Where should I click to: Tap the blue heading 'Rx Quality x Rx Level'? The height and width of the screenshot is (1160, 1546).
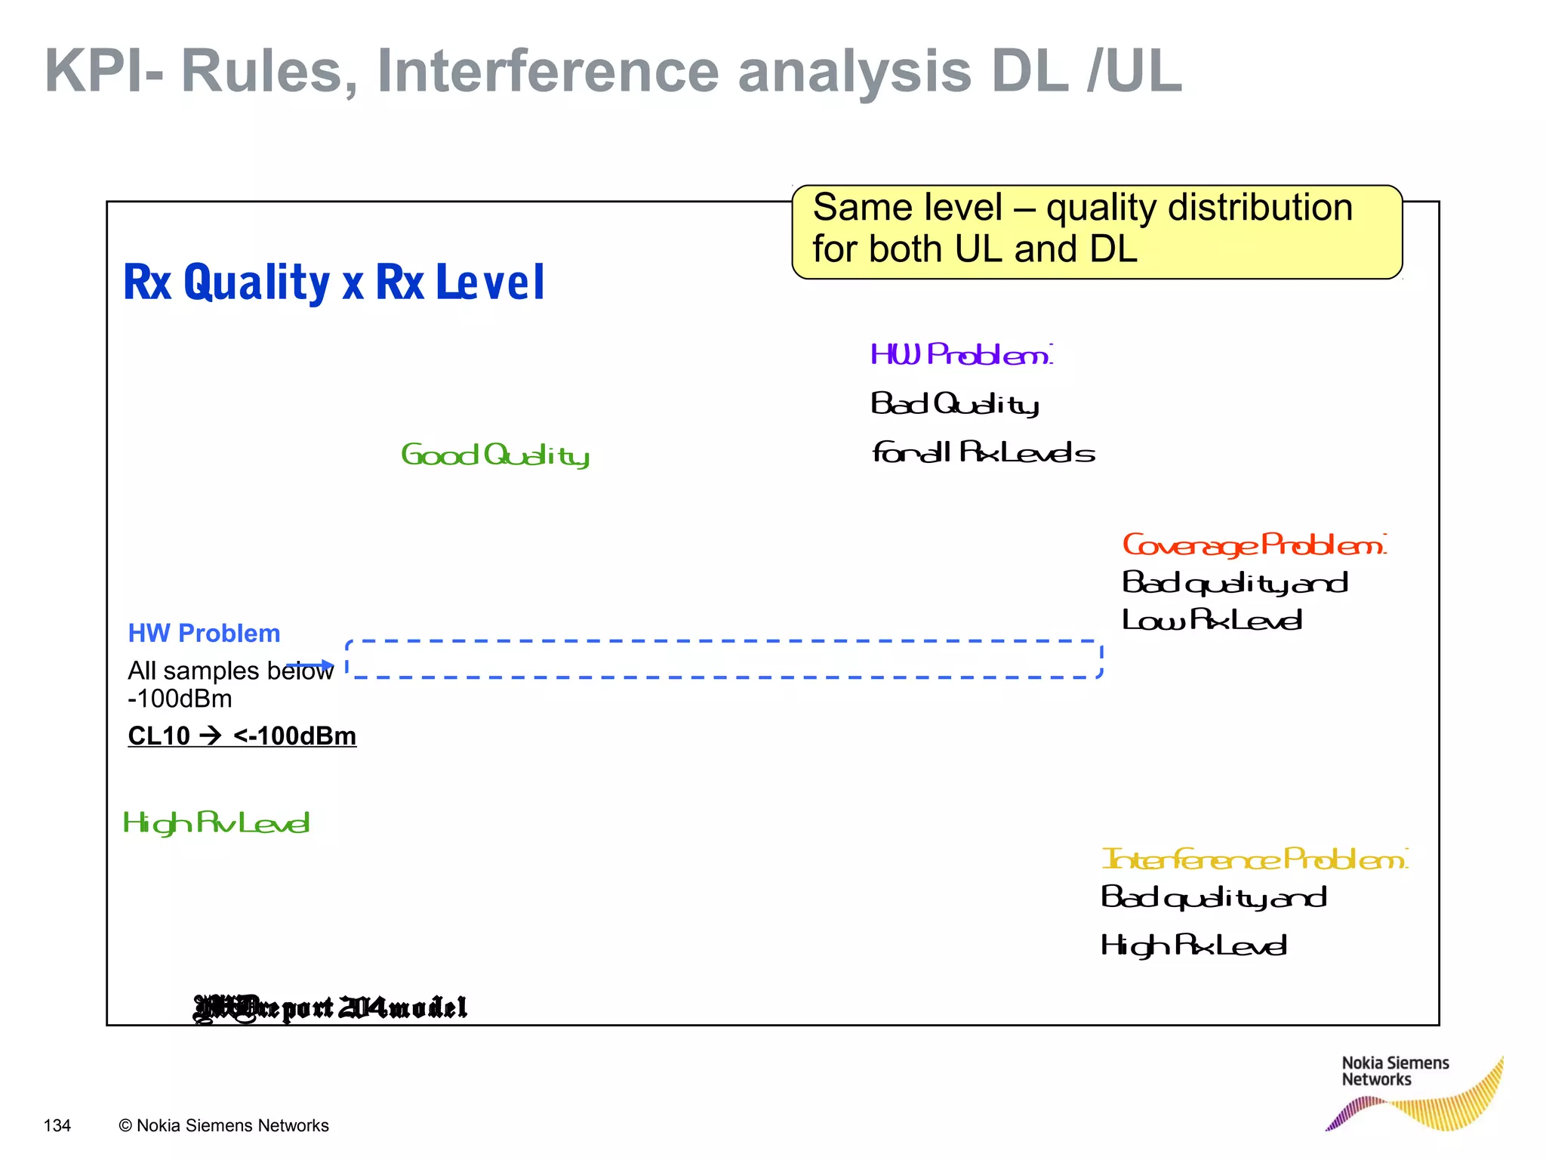(x=333, y=282)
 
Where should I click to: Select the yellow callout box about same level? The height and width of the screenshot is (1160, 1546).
(x=1096, y=231)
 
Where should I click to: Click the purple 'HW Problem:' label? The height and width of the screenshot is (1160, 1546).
(x=960, y=354)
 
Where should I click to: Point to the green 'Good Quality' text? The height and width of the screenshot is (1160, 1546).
(x=494, y=455)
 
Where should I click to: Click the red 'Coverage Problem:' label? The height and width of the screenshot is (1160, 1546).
(x=1254, y=545)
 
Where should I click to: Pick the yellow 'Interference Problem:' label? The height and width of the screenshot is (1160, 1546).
(x=1254, y=859)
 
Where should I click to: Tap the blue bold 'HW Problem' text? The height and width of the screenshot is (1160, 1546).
(x=204, y=633)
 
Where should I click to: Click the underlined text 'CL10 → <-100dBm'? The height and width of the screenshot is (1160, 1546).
(x=242, y=736)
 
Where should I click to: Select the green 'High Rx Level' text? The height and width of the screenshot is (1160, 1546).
(x=216, y=823)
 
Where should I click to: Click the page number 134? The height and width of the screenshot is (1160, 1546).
(x=57, y=1125)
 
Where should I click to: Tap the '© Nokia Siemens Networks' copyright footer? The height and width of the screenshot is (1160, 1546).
(x=223, y=1125)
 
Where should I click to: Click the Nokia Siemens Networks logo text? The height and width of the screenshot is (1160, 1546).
(x=1394, y=1071)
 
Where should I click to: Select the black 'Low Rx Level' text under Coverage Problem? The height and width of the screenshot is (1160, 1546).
(x=1212, y=620)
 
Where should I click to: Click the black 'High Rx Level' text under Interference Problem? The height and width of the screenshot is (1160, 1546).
(x=1193, y=946)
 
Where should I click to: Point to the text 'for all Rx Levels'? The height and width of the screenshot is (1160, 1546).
(x=983, y=453)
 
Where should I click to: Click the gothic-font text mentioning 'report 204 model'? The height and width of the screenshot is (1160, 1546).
(x=331, y=1007)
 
